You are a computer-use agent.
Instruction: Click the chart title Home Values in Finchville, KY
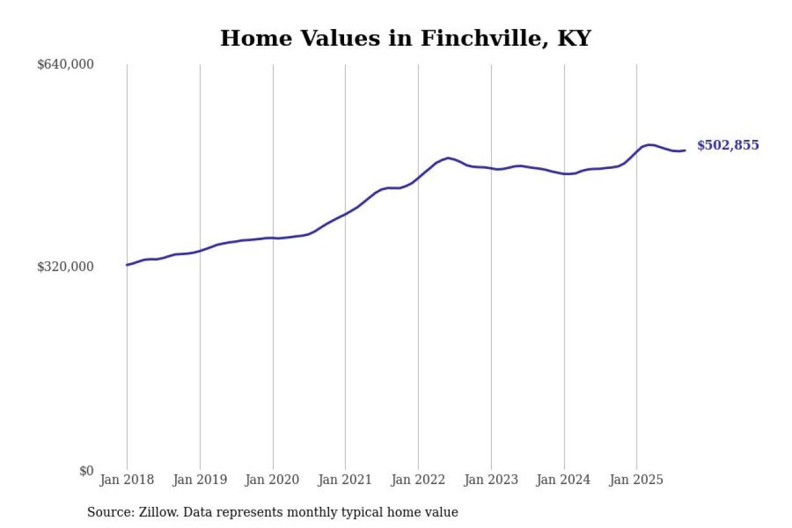[405, 38]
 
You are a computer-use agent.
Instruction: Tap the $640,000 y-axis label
[65, 64]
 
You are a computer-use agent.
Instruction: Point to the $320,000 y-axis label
[65, 267]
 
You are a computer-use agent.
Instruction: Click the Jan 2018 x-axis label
[127, 480]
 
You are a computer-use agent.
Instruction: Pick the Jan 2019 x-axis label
[200, 480]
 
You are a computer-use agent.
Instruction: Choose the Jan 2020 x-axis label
[273, 480]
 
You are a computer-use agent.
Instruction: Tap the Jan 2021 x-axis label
[345, 480]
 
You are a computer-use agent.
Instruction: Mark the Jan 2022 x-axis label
[418, 480]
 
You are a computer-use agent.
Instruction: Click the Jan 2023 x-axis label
[491, 480]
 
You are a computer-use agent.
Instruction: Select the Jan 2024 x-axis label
[564, 480]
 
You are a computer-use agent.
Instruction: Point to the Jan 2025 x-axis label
[637, 480]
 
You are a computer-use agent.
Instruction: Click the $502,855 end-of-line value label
[728, 145]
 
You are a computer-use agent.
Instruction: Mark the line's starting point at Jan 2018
[127, 265]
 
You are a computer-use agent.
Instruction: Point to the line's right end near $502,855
[684, 150]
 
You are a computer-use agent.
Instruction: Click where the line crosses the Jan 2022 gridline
[418, 178]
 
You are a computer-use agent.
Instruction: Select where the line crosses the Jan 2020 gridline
[273, 238]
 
